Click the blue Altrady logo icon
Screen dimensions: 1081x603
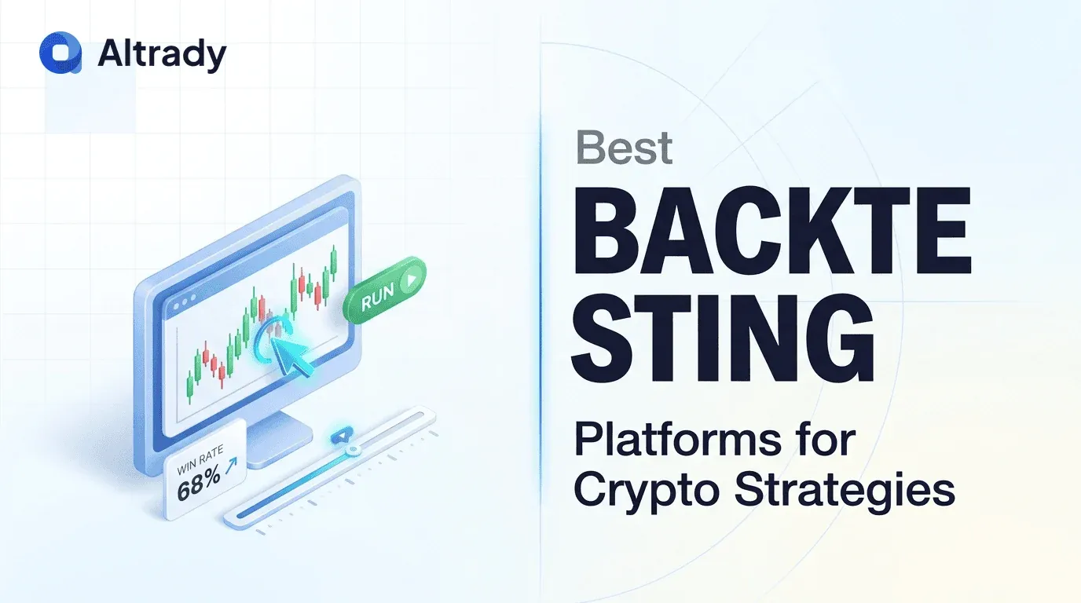[60, 53]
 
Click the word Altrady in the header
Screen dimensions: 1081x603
[162, 54]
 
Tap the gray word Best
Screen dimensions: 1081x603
[625, 147]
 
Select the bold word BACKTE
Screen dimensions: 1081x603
[771, 231]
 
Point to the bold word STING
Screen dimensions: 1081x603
[723, 338]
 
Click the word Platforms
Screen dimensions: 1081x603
[677, 441]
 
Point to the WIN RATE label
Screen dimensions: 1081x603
[200, 460]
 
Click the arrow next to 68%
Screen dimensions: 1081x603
[231, 465]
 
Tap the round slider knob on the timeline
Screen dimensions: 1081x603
[353, 450]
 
